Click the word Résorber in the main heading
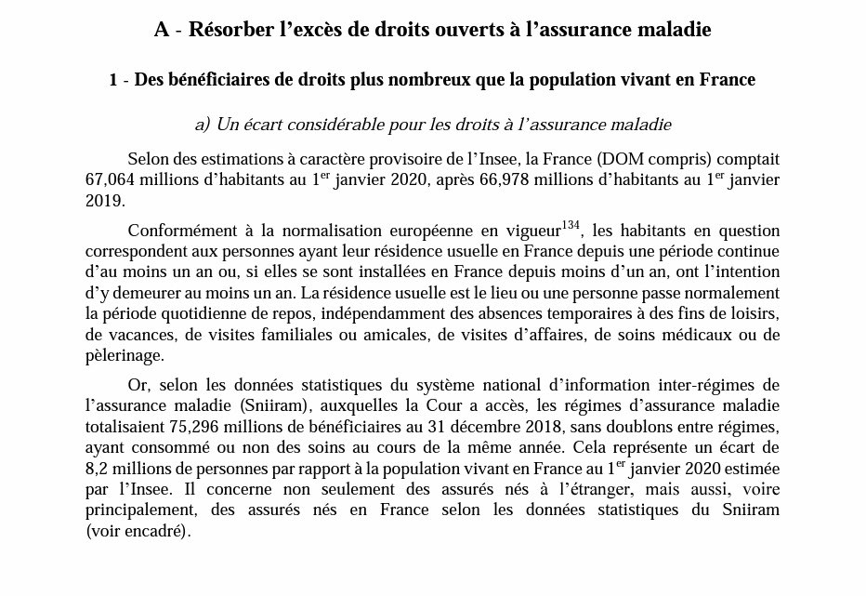pyautogui.click(x=227, y=29)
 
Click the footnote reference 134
pyautogui.click(x=571, y=225)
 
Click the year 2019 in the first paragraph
pyautogui.click(x=102, y=199)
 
